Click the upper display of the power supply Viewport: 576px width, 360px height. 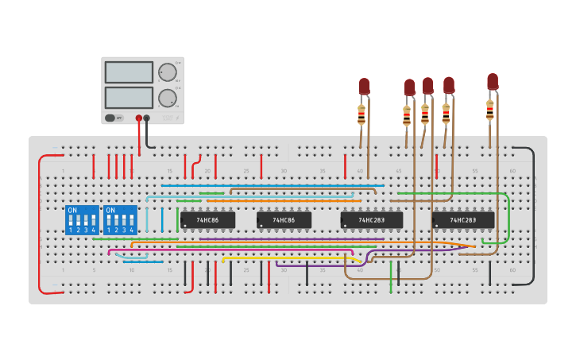(129, 72)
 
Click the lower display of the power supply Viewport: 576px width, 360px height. (129, 98)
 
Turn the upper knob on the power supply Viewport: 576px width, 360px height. (167, 72)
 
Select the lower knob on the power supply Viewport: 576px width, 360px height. (167, 98)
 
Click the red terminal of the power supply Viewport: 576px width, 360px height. (138, 118)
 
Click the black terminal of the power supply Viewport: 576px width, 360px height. (146, 118)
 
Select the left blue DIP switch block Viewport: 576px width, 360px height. (82, 219)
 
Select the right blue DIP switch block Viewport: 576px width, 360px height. (120, 219)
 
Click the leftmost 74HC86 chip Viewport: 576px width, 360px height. (207, 219)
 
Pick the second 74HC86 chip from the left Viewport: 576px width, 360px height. (284, 219)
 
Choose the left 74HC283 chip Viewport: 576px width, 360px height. (371, 219)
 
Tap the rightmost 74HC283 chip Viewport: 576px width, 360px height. (462, 219)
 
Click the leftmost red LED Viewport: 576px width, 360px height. (364, 86)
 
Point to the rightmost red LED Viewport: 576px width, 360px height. (493, 81)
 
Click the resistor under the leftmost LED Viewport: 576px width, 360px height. (361, 114)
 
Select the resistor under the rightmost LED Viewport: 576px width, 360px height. (489, 109)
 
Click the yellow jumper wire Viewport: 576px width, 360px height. (286, 257)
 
